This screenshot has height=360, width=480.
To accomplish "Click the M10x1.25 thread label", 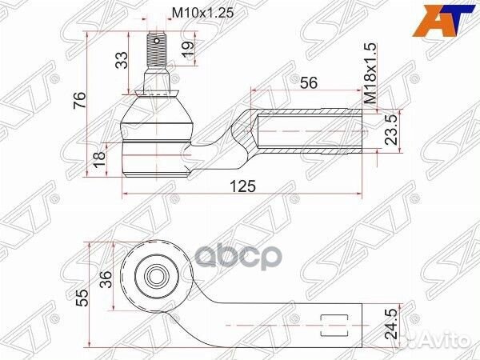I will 196,14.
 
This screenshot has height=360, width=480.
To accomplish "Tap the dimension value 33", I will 122,60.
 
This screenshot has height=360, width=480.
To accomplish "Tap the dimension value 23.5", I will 393,127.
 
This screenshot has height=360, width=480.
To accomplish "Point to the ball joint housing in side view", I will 158,132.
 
